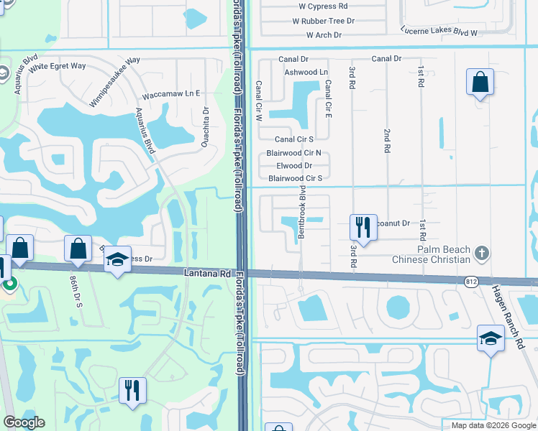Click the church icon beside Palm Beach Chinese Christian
pyautogui.click(x=482, y=254)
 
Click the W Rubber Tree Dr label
pyautogui.click(x=324, y=21)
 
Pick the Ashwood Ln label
pyautogui.click(x=306, y=73)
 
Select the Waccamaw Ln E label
pyautogui.click(x=171, y=94)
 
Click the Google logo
pyautogui.click(x=24, y=422)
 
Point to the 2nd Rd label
pyautogui.click(x=386, y=141)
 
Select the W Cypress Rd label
pyautogui.click(x=328, y=6)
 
